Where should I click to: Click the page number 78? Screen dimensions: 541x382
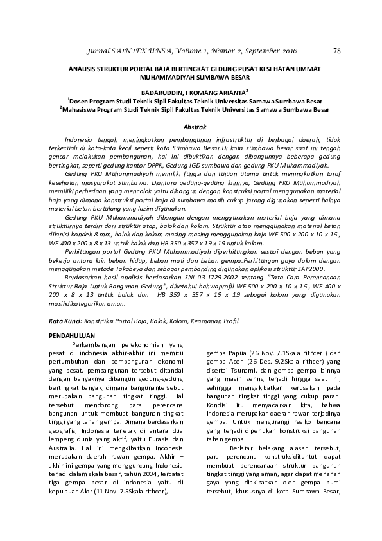point(337,51)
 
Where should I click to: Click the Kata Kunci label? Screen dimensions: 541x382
point(66,319)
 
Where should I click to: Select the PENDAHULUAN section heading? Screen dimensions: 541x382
point(72,335)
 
